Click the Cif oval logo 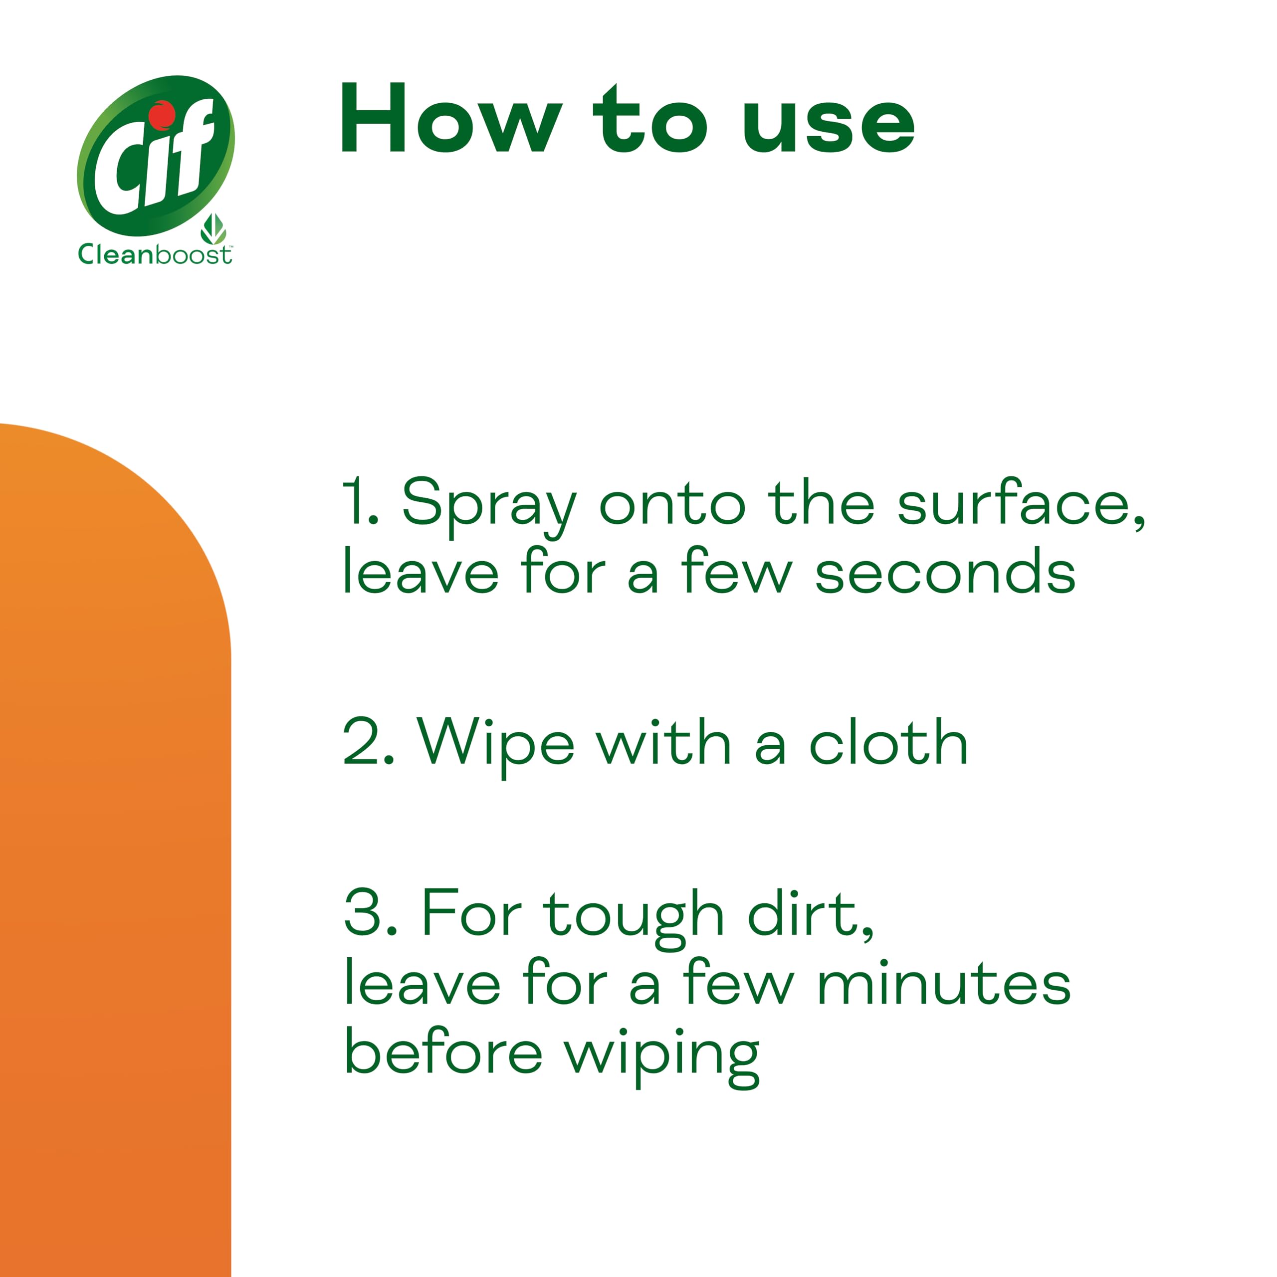tap(156, 156)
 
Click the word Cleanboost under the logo tap(155, 254)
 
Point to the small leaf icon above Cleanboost tap(213, 228)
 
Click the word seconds tap(945, 572)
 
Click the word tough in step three tap(633, 917)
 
